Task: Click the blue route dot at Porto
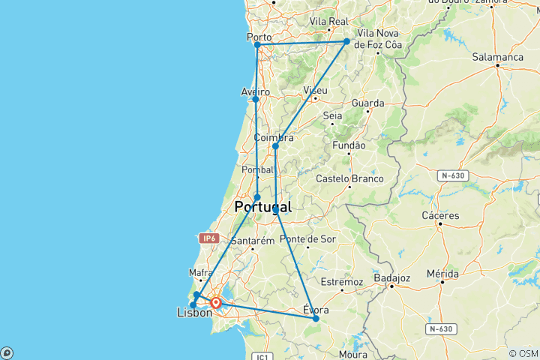point(257,45)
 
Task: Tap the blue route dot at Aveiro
point(256,99)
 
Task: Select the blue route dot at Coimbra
point(275,146)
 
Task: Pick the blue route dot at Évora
point(316,319)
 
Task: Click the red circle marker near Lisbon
point(216,303)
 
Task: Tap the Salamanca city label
point(498,57)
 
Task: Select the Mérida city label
point(442,274)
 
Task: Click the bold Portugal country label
point(262,207)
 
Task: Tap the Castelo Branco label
point(349,178)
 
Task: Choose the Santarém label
point(253,241)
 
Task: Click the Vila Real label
point(328,22)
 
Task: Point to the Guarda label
point(367,103)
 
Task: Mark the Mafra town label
point(201,273)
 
